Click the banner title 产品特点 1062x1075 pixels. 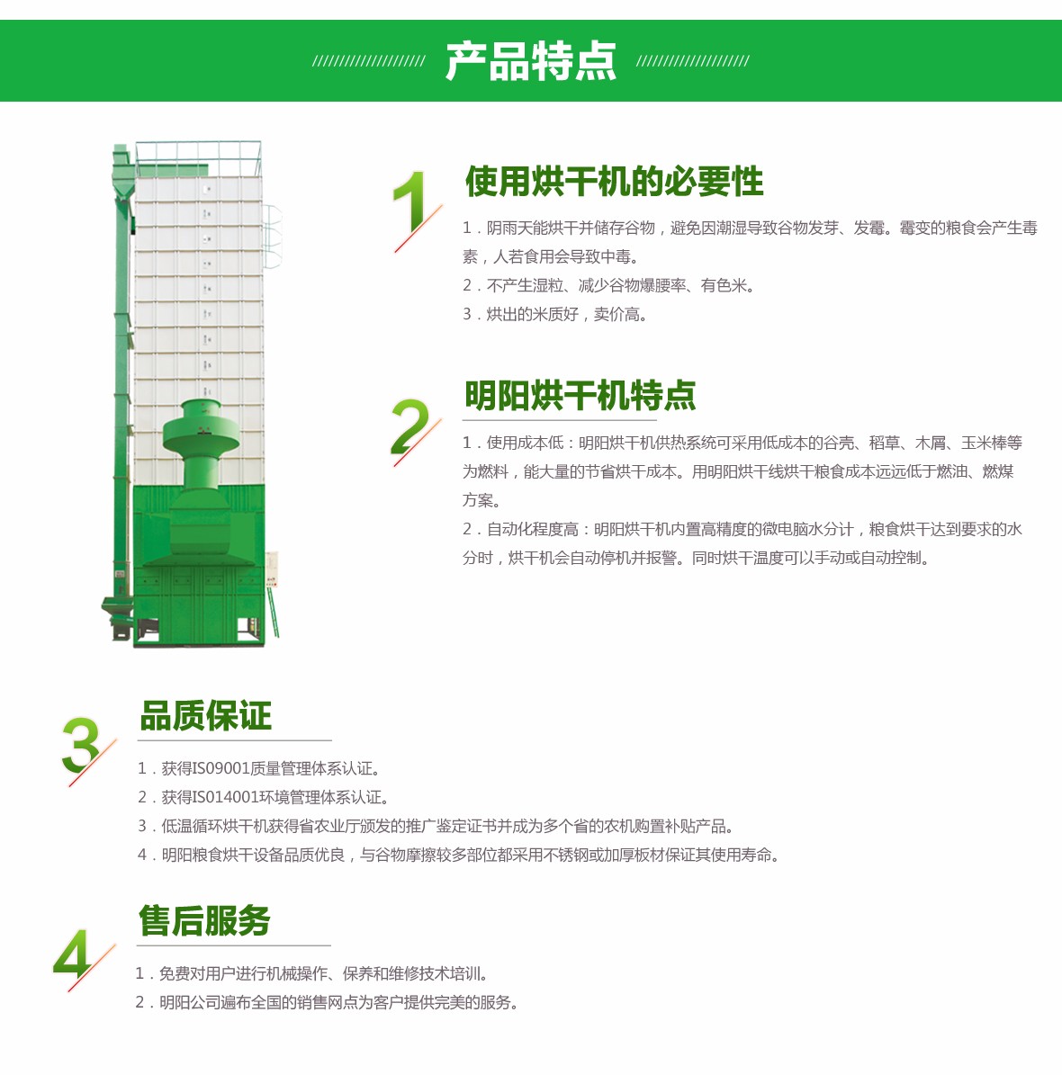[530, 61]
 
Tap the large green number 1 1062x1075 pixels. [411, 202]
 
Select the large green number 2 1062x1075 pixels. [409, 426]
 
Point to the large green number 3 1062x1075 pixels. [80, 745]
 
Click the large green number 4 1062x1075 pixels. [72, 954]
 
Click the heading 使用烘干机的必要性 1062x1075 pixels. [614, 182]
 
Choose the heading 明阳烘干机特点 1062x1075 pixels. [580, 396]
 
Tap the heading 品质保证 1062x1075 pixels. [206, 716]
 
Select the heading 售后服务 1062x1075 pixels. [204, 920]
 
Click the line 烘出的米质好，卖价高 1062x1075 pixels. [555, 315]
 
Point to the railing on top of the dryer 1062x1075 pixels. [198, 158]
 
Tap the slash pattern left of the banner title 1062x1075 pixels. [369, 61]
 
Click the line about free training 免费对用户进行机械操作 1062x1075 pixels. [311, 973]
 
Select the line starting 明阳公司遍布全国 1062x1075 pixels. [327, 1002]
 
